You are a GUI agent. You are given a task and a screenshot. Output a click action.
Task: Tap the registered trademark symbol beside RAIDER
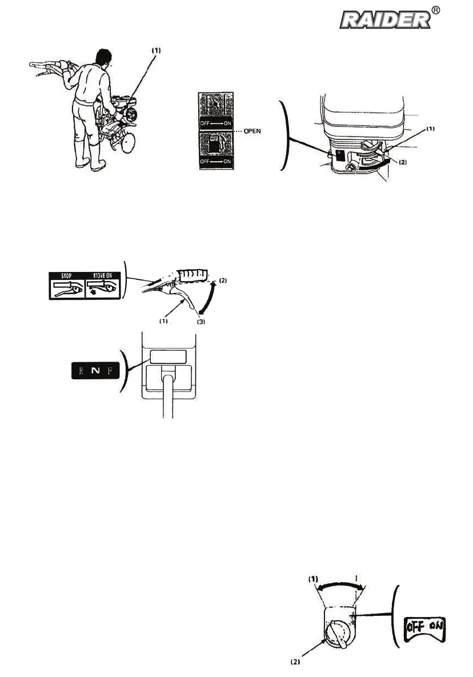tap(451, 11)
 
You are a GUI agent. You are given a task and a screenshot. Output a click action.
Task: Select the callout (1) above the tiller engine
tap(156, 50)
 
